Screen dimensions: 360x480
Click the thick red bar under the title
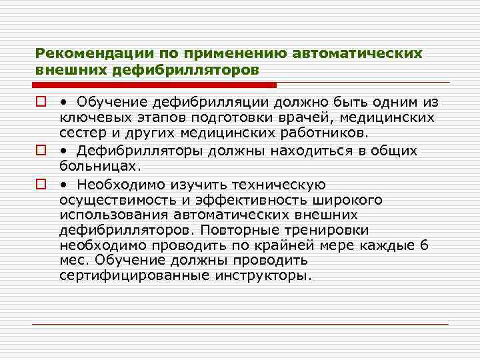click(x=155, y=85)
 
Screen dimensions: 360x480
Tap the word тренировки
click(x=331, y=231)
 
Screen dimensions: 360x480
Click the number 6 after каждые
click(x=425, y=245)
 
